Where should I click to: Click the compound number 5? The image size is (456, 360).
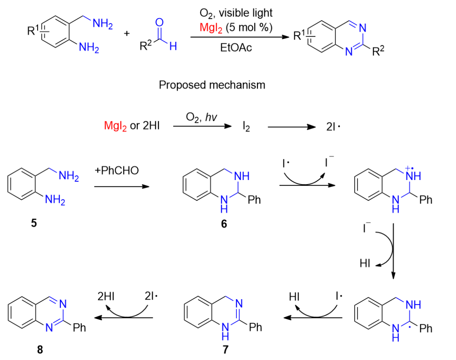tap(33, 223)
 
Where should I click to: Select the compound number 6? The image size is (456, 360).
tap(224, 224)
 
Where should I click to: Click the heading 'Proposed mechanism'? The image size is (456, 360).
tap(212, 85)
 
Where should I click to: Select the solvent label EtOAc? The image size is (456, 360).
tap(236, 48)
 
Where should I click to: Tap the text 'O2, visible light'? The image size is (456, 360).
tap(236, 13)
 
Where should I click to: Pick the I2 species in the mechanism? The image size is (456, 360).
tap(246, 126)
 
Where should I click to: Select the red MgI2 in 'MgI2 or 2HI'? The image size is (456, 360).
tap(115, 126)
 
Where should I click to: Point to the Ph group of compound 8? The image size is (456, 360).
tap(79, 327)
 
